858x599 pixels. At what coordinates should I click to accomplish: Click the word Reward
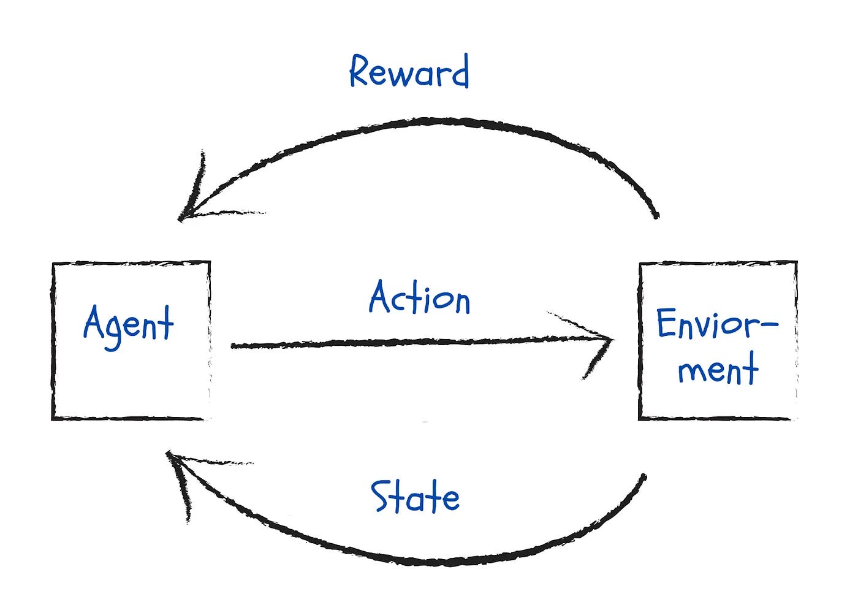[x=409, y=71]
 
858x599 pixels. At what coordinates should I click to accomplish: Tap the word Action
[x=419, y=297]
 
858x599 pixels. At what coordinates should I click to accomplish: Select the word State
[x=416, y=497]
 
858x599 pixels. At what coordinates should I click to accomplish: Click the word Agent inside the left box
[x=128, y=327]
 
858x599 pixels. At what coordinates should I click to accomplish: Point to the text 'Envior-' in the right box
[x=718, y=324]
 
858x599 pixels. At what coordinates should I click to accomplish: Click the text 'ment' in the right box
[x=718, y=368]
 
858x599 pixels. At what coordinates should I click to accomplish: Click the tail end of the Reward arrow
[x=656, y=216]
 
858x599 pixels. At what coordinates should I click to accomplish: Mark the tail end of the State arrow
[x=644, y=477]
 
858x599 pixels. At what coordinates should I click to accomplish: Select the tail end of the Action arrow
[x=233, y=346]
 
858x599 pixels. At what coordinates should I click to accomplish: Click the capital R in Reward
[x=359, y=70]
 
